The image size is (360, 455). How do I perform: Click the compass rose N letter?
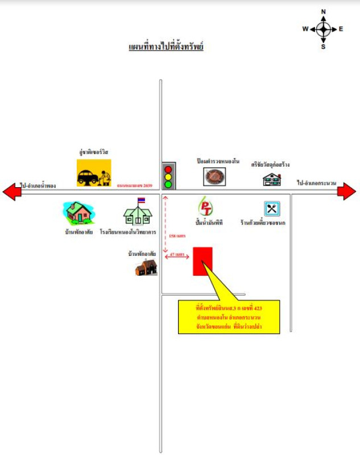pyautogui.click(x=323, y=11)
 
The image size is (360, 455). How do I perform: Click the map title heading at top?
pyautogui.click(x=166, y=46)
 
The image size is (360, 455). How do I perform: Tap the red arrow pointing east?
pyautogui.click(x=347, y=192)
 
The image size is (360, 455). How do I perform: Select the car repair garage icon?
pyautogui.click(x=94, y=173)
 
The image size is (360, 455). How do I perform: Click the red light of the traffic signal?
pyautogui.click(x=168, y=169)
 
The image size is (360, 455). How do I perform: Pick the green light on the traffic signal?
pyautogui.click(x=168, y=184)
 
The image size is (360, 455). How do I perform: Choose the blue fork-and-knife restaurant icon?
pyautogui.click(x=271, y=208)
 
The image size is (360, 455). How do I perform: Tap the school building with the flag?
pyautogui.click(x=138, y=213)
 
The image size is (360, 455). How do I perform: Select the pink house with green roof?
pyautogui.click(x=79, y=213)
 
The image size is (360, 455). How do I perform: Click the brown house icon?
pyautogui.click(x=146, y=267)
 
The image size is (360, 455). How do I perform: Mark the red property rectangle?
pyautogui.click(x=202, y=262)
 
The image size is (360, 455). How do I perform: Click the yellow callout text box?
pyautogui.click(x=229, y=317)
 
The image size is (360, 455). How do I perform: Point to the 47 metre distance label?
pyautogui.click(x=178, y=255)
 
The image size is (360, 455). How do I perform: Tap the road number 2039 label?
pyautogui.click(x=135, y=186)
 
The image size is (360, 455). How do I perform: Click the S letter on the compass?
pyautogui.click(x=323, y=47)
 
